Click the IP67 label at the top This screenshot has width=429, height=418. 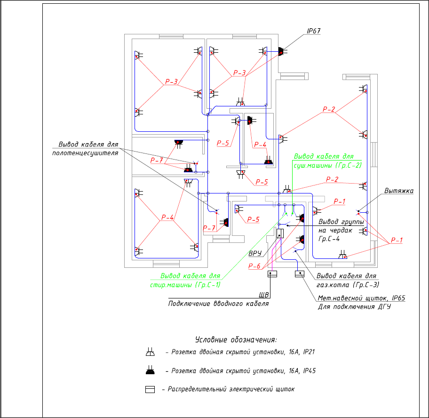(x=313, y=32)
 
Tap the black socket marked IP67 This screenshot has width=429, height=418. (x=280, y=51)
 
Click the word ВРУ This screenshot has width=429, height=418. (x=254, y=253)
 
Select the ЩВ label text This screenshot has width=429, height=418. (x=264, y=296)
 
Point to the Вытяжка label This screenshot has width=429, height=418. (x=398, y=191)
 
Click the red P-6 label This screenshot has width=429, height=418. (x=254, y=266)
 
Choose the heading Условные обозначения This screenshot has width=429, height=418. (x=236, y=339)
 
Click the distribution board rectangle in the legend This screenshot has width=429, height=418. (x=150, y=390)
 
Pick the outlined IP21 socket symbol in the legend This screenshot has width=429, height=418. (x=150, y=352)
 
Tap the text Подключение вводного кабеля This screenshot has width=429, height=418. (x=218, y=304)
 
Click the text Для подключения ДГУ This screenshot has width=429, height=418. (x=354, y=307)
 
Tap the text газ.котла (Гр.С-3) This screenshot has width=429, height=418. (x=348, y=285)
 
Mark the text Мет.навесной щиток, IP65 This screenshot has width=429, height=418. (x=361, y=298)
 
